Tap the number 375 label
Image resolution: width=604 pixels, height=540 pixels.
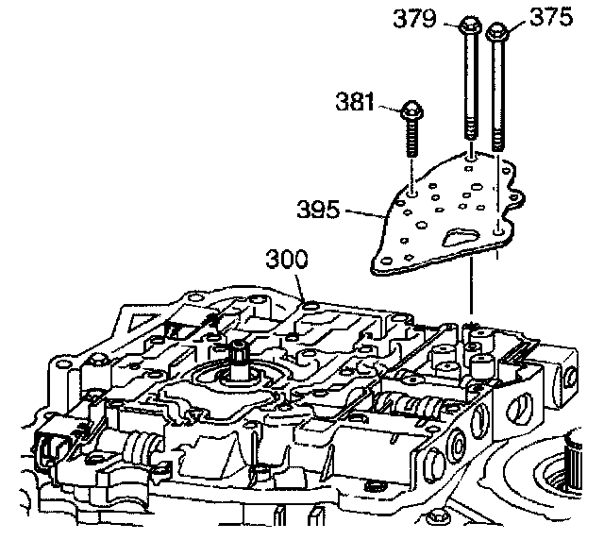point(551,20)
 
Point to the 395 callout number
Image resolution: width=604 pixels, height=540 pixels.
point(319,208)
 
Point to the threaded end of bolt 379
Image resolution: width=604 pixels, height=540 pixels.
point(470,127)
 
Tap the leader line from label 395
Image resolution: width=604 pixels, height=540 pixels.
point(367,214)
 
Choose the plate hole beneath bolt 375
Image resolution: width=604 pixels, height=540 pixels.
point(498,227)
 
